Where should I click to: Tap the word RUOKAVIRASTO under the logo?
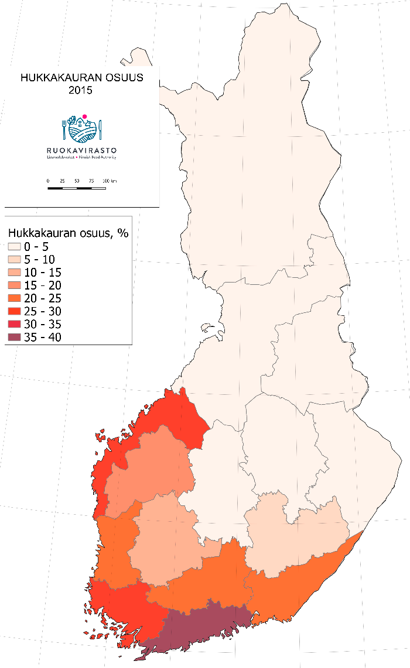tap(81, 150)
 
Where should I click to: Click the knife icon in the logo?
tap(101, 129)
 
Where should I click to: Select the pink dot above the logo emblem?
tap(85, 117)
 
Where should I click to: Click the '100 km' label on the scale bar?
tap(110, 181)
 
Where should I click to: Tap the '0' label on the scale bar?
tap(48, 181)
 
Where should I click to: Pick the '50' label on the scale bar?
tap(77, 181)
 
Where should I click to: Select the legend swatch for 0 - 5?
tap(15, 247)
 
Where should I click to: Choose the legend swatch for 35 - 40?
tap(15, 337)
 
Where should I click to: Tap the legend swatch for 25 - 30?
tap(15, 311)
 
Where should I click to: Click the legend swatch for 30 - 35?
tap(15, 324)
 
